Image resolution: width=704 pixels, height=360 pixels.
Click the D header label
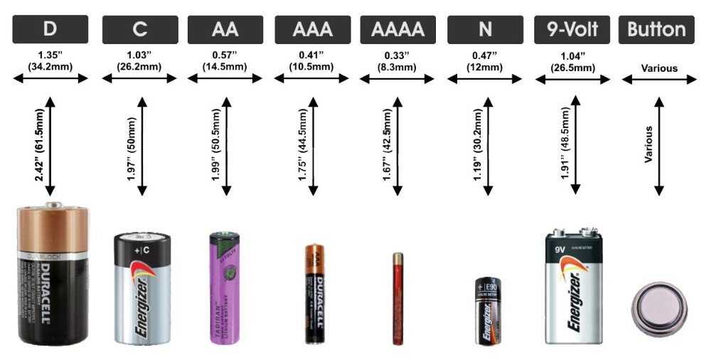50,29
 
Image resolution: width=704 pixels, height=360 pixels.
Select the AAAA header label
398,29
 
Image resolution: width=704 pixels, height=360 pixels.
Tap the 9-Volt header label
572,29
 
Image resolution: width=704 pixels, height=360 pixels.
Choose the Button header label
656,29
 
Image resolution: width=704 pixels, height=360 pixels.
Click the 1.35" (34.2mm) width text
50,61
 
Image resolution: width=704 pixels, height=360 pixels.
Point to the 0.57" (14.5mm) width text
225,61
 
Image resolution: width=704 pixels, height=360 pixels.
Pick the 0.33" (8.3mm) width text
398,61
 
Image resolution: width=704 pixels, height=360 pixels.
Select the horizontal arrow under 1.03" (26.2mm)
139,79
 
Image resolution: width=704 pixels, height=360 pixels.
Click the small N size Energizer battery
488,312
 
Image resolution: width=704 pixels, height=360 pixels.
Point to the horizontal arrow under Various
659,79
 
